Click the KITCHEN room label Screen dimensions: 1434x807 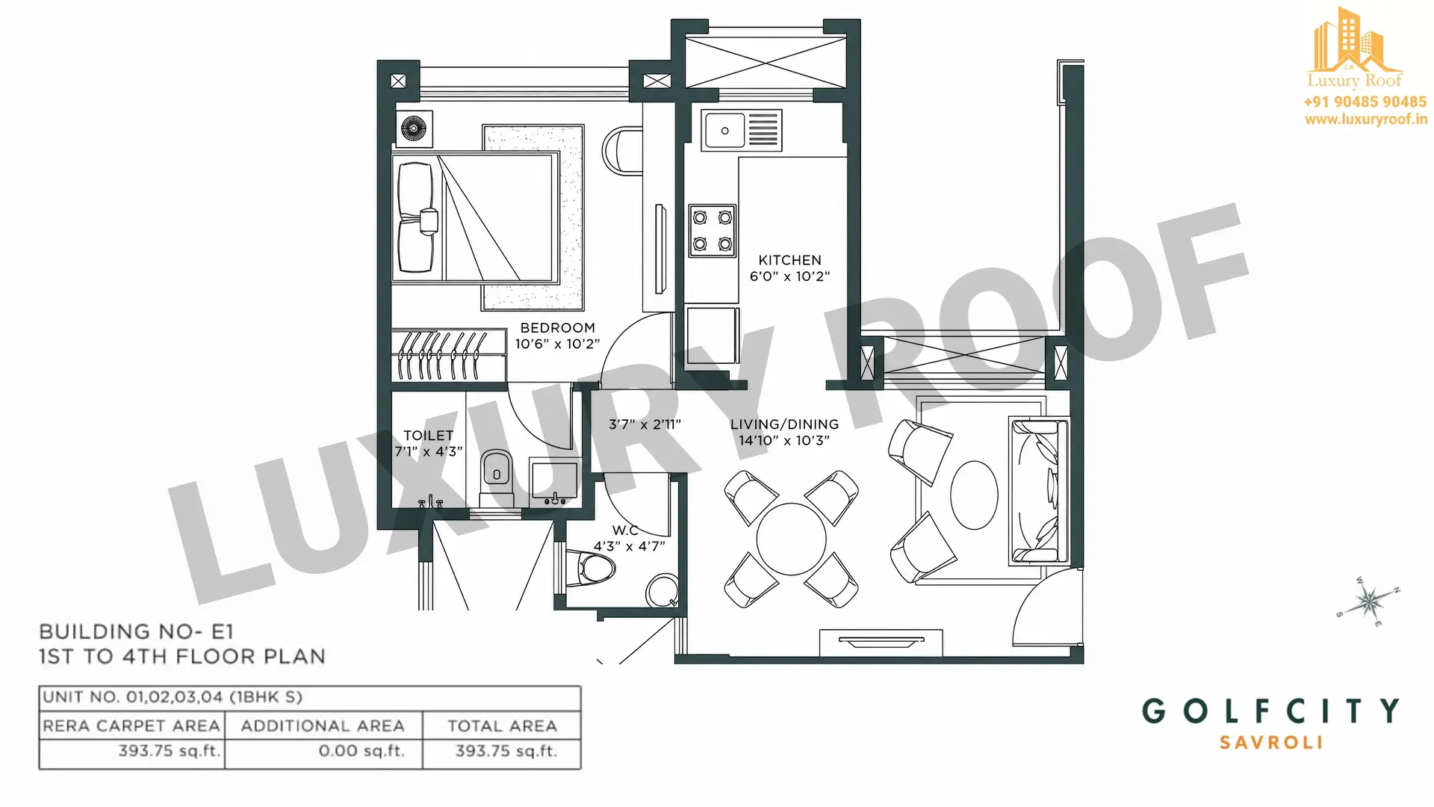[x=789, y=260]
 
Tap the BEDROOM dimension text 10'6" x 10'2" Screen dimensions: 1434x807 [x=557, y=344]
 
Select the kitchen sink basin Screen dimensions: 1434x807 [x=724, y=131]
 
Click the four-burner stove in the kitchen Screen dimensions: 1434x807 [x=712, y=231]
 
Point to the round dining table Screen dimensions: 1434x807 [x=791, y=539]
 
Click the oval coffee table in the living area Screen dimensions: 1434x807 [x=974, y=495]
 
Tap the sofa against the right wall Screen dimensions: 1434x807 [x=1039, y=492]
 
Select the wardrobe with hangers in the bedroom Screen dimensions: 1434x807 [x=449, y=356]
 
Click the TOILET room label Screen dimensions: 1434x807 [x=428, y=436]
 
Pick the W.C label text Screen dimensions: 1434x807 [x=625, y=531]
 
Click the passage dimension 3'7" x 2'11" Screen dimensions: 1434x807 [x=645, y=425]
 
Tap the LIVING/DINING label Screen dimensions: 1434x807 [x=784, y=424]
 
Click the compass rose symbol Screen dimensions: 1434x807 [x=1368, y=600]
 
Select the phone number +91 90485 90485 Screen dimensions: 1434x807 [x=1365, y=102]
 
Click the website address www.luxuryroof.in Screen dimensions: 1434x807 [x=1366, y=119]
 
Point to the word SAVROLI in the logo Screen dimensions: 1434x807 [x=1271, y=743]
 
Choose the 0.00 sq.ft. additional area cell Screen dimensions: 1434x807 [x=361, y=750]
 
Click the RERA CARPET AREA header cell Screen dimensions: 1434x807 [x=131, y=726]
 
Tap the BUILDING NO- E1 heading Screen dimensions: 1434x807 [x=137, y=632]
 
